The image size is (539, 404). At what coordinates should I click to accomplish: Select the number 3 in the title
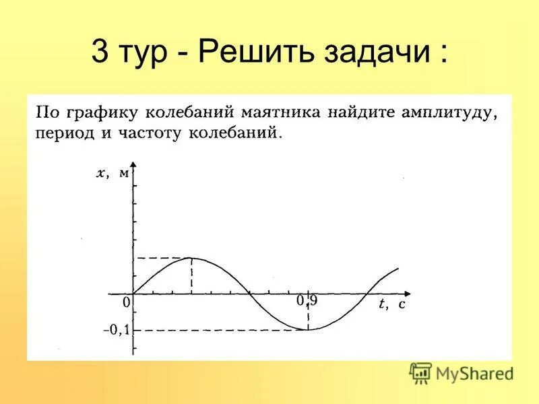pos(100,53)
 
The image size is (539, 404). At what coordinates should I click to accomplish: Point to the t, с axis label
pos(391,304)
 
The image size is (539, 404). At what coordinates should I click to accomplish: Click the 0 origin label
pos(127,304)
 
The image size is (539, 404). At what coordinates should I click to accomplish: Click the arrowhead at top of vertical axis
pos(133,166)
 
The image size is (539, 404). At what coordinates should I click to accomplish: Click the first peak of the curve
pos(191,258)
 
